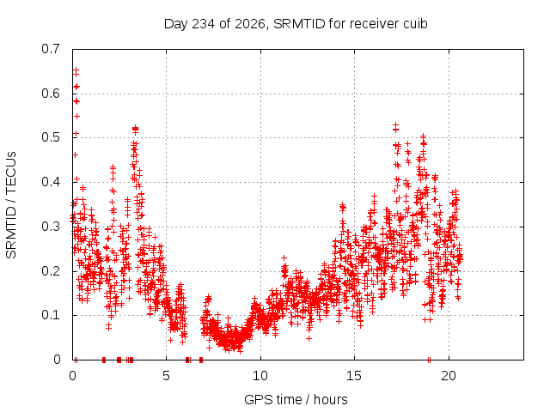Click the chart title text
[x=296, y=24]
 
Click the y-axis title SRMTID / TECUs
[x=11, y=205]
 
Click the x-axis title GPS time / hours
[x=296, y=399]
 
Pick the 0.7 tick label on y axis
[x=51, y=49]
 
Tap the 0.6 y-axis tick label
[x=51, y=94]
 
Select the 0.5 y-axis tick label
[x=51, y=137]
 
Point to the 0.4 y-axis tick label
[x=51, y=182]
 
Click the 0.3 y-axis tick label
[x=51, y=227]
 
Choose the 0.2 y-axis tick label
[x=51, y=271]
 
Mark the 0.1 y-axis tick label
[x=51, y=315]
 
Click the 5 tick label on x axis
[x=166, y=376]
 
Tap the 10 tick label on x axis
[x=260, y=376]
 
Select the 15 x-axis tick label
[x=354, y=376]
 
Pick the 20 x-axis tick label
[x=449, y=376]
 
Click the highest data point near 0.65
[x=76, y=70]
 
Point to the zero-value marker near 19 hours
[x=429, y=360]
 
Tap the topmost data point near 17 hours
[x=395, y=124]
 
